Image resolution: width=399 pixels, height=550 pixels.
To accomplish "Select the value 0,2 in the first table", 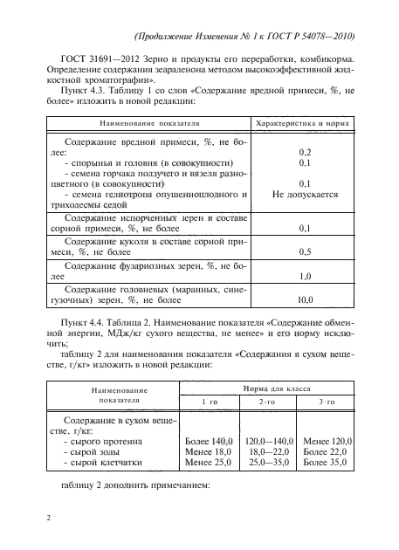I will click(306, 152).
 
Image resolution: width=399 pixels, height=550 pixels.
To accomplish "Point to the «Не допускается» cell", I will click(306, 196).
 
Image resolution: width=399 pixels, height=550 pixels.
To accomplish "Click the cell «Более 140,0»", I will click(206, 443).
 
